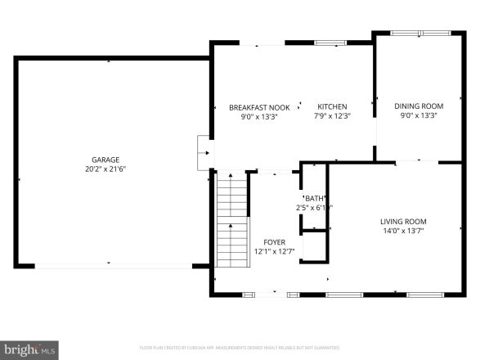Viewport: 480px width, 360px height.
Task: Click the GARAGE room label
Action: click(105, 160)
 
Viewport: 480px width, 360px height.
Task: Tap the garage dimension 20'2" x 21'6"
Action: click(105, 169)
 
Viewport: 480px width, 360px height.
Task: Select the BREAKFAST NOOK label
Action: click(259, 107)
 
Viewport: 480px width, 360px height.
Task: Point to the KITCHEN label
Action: click(332, 107)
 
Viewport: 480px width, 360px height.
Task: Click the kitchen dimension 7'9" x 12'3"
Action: click(332, 116)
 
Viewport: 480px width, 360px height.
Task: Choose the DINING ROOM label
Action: click(419, 106)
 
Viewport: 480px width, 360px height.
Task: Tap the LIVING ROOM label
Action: click(403, 221)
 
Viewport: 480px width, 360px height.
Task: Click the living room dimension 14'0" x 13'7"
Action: click(403, 231)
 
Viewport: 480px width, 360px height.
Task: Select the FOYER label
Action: click(274, 242)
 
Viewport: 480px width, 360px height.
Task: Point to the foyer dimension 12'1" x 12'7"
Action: click(274, 252)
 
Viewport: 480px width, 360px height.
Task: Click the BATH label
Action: click(315, 198)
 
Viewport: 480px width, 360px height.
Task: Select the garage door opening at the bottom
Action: click(113, 264)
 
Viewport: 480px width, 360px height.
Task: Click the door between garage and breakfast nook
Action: click(205, 151)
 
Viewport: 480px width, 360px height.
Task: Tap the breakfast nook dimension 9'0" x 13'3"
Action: click(259, 116)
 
